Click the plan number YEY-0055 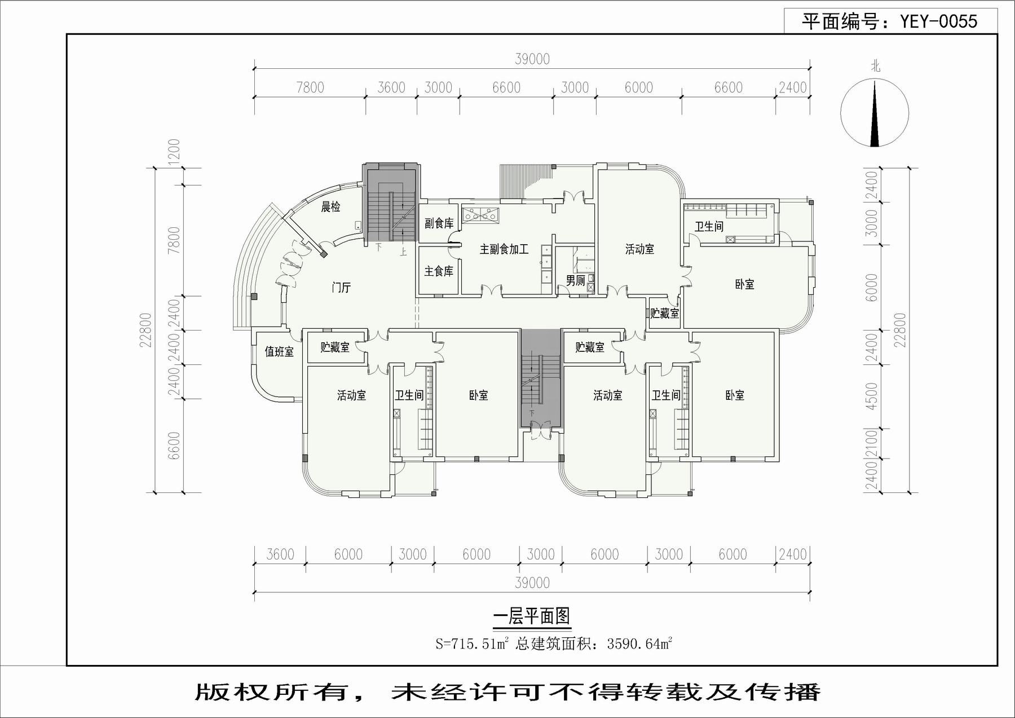click(x=938, y=21)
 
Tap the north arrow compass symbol click(x=875, y=113)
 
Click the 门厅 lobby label click(x=341, y=288)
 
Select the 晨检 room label click(x=331, y=207)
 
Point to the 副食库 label click(x=439, y=223)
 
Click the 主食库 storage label click(x=439, y=271)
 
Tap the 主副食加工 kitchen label click(x=504, y=249)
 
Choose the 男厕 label click(x=575, y=280)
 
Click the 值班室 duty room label click(x=279, y=352)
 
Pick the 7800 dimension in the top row click(x=310, y=87)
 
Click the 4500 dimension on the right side click(x=872, y=396)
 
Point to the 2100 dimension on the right click(x=872, y=443)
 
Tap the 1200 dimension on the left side click(x=174, y=152)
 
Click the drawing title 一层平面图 click(x=532, y=616)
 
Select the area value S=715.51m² click(x=472, y=643)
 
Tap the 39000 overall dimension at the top click(x=532, y=59)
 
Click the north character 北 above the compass click(x=875, y=67)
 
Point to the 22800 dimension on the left click(x=145, y=330)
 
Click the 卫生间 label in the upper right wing click(x=709, y=227)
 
